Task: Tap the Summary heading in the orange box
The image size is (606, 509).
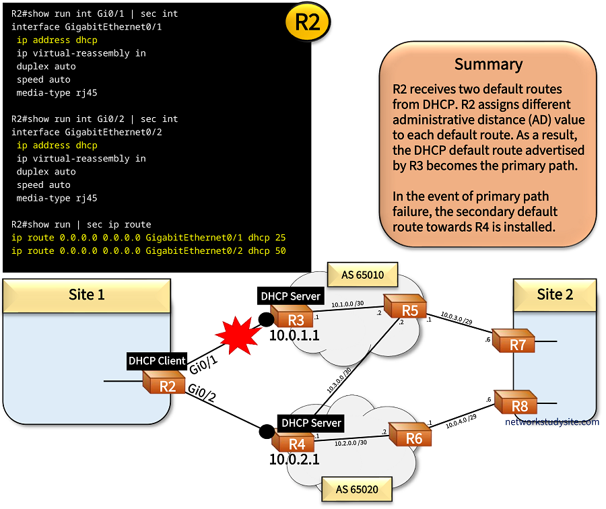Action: (488, 64)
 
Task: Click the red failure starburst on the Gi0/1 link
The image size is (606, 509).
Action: (236, 336)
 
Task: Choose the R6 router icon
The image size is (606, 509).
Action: (410, 438)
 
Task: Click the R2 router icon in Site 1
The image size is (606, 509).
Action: (164, 384)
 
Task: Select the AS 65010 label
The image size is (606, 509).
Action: (362, 275)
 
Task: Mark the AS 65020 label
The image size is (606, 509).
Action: (357, 489)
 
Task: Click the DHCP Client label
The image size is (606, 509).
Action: (157, 361)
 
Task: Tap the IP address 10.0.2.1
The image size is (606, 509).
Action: (294, 460)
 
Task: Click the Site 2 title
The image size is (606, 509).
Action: (555, 294)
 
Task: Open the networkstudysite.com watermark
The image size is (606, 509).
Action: (551, 422)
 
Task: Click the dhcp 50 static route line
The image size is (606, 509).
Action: (148, 251)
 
